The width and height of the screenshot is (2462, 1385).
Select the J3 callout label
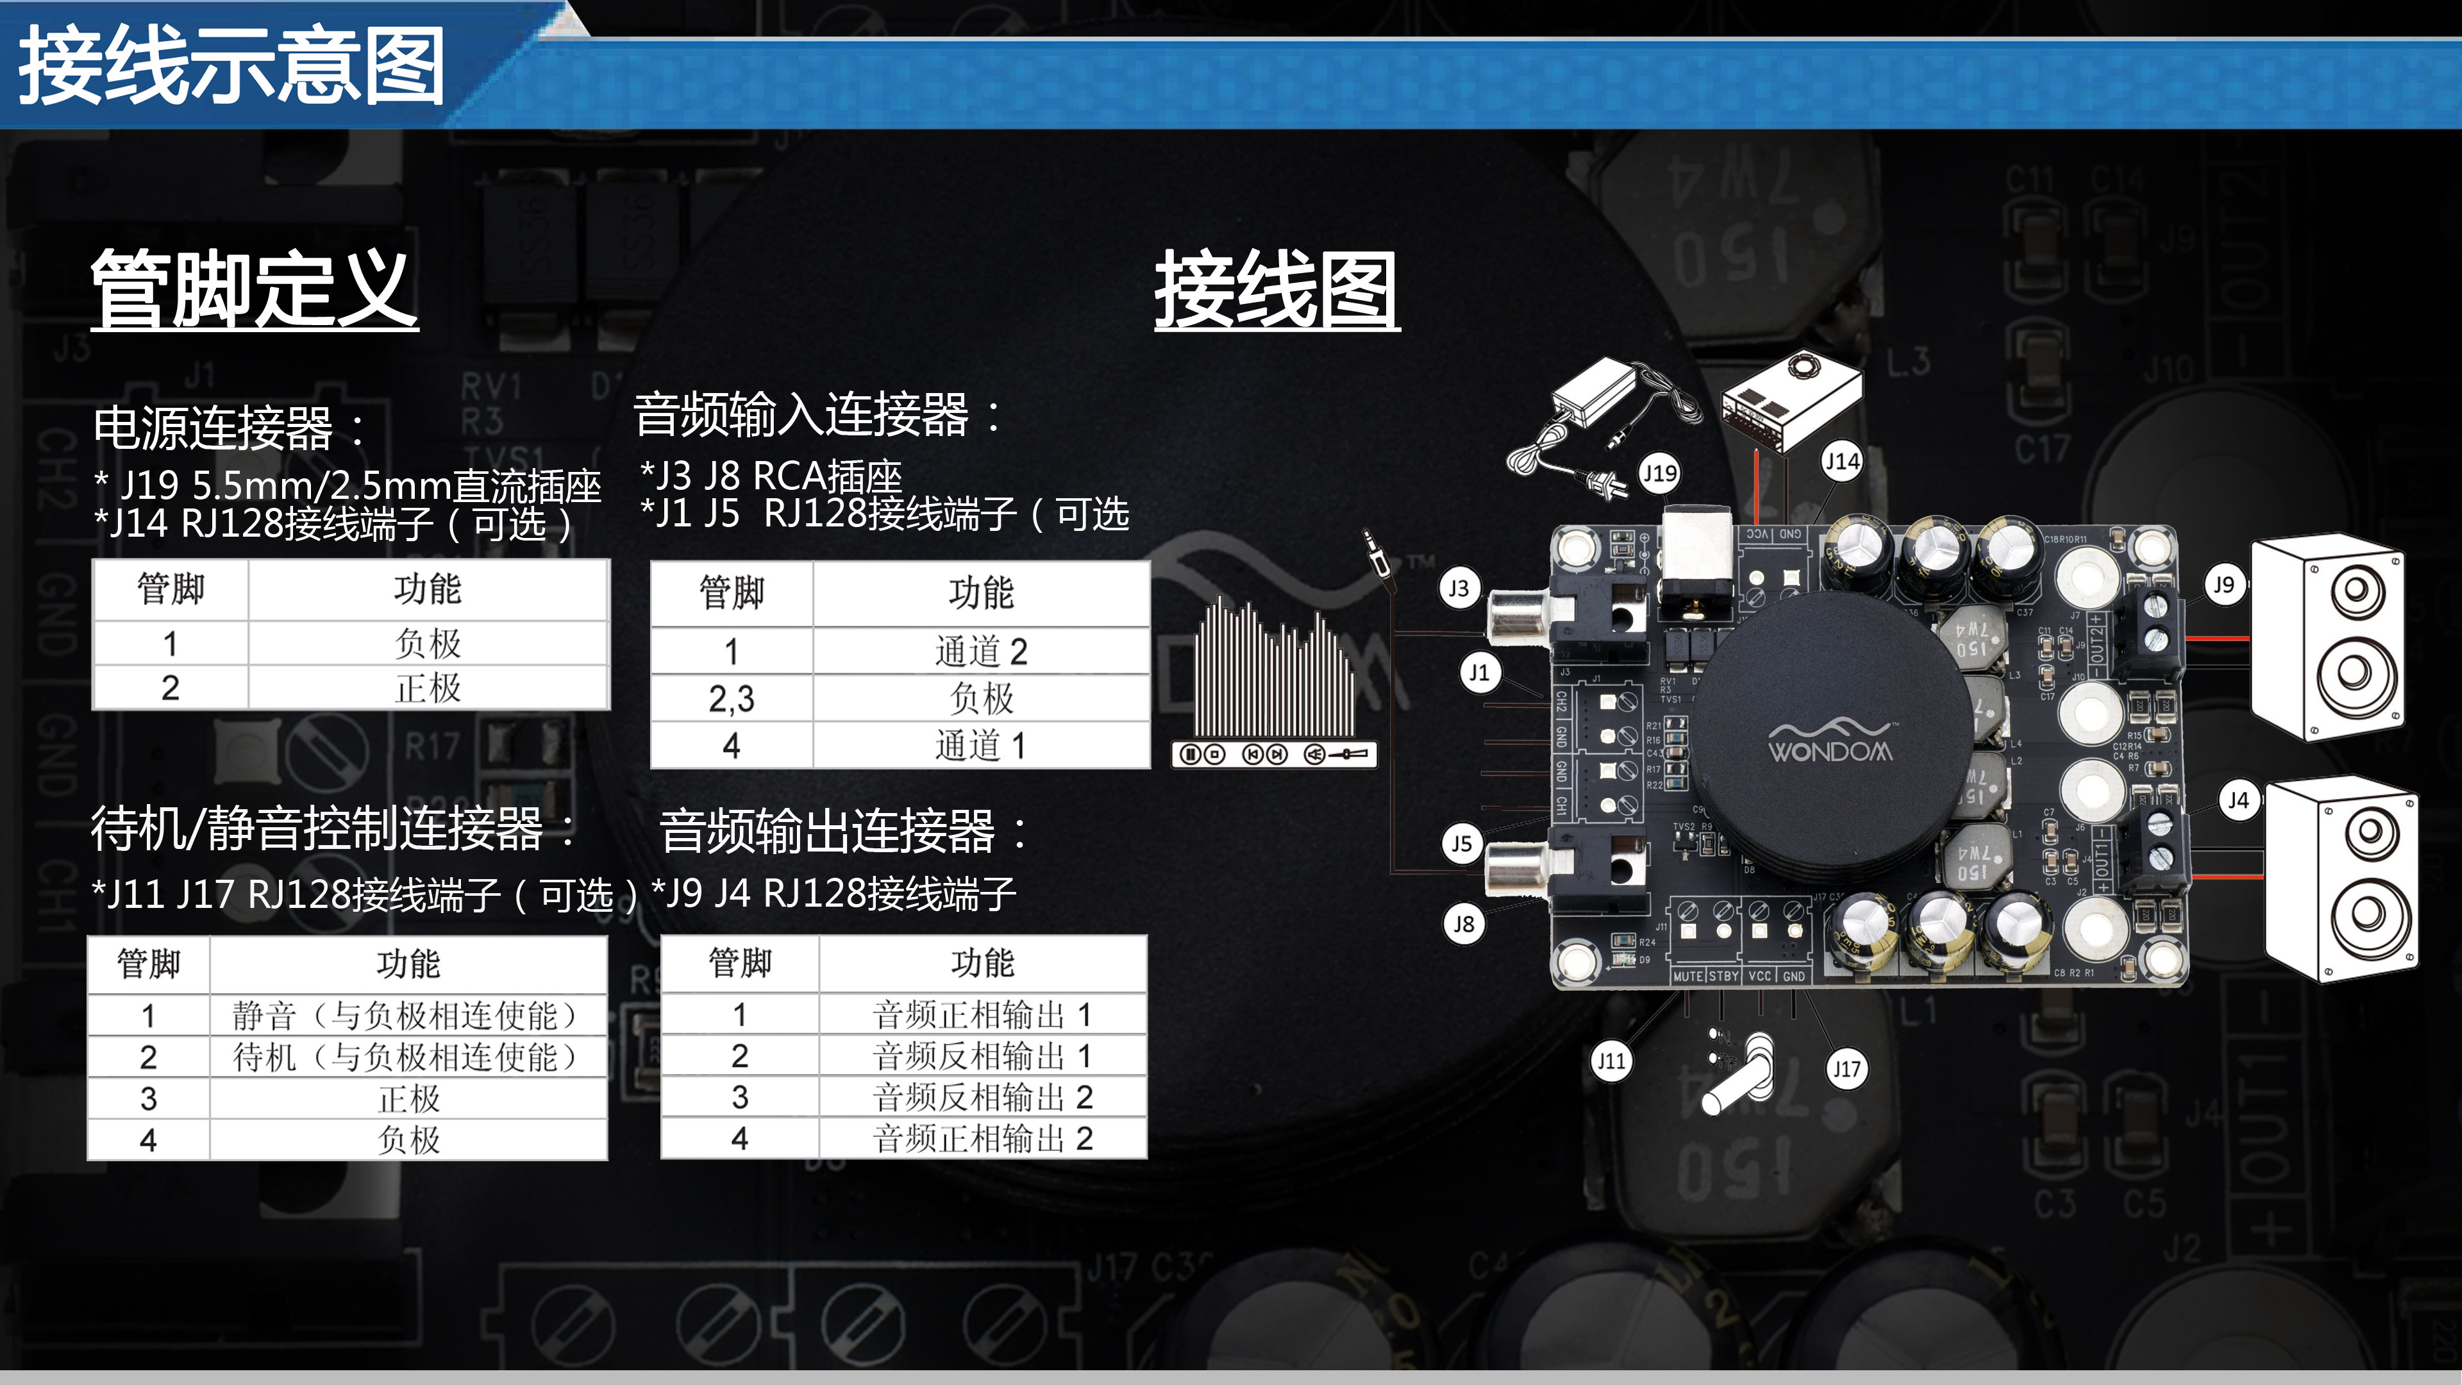pos(1459,588)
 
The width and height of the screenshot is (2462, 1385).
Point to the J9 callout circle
pos(2224,585)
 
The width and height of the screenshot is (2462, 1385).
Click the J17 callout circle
pos(1846,1069)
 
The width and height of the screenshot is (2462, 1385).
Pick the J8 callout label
pos(1463,924)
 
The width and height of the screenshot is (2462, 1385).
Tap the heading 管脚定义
pos(255,289)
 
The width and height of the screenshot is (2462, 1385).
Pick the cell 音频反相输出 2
pos(982,1097)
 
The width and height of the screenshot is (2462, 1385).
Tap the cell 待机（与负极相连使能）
pos(408,1057)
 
